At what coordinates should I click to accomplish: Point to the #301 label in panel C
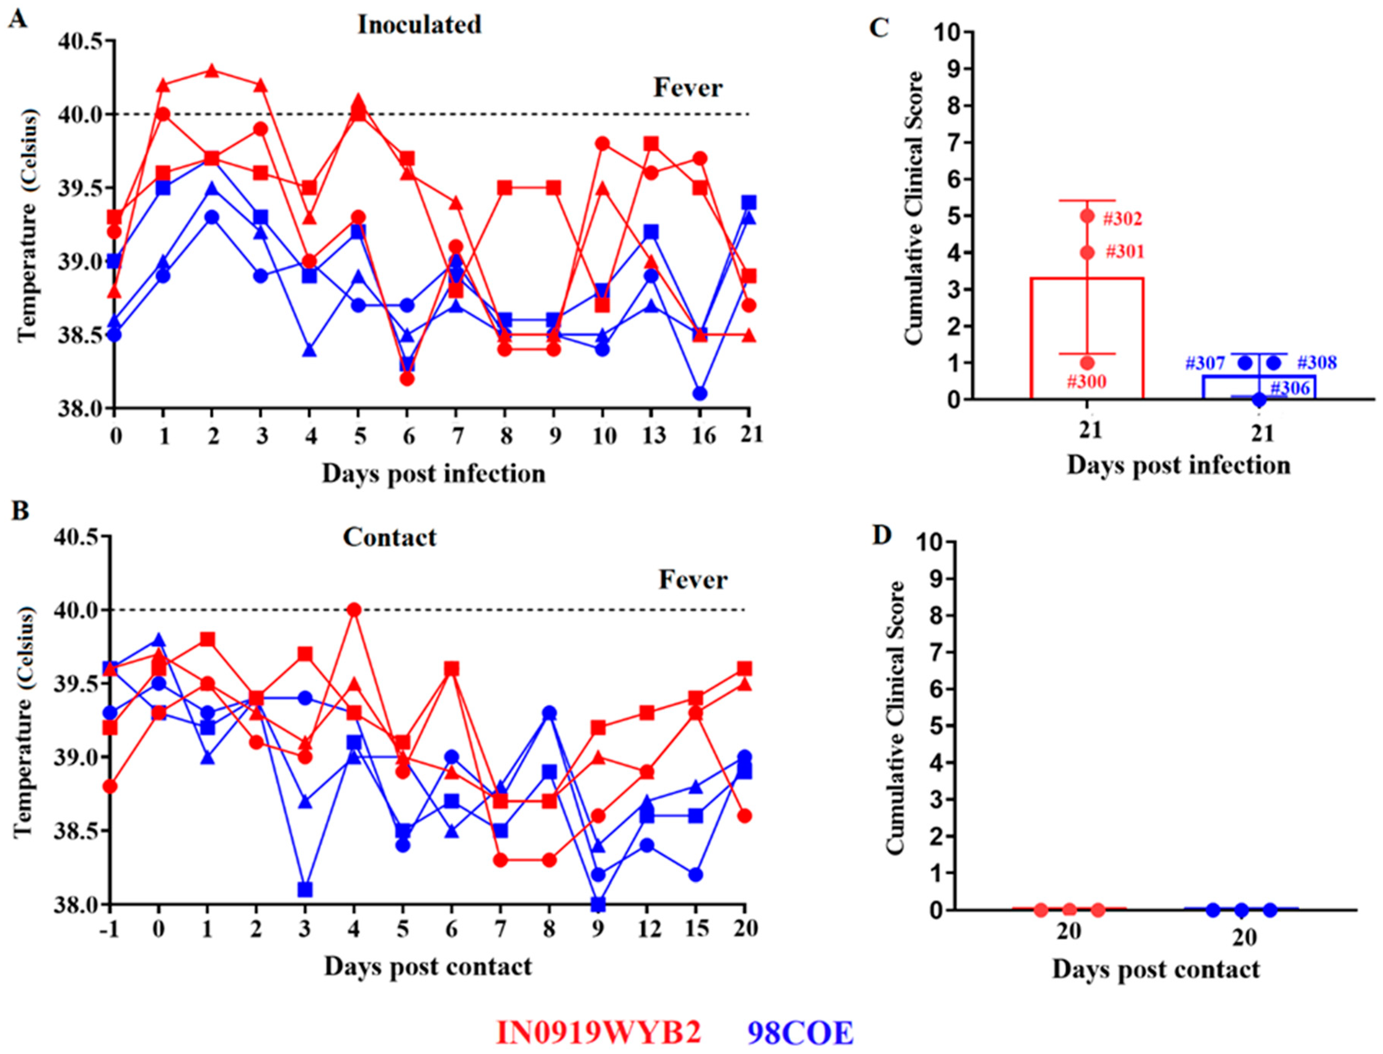click(x=1125, y=252)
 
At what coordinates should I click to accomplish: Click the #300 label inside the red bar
click(x=1086, y=381)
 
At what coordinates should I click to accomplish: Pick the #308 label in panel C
click(x=1317, y=363)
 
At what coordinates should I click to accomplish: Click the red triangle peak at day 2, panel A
click(x=212, y=70)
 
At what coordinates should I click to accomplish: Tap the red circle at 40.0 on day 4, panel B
click(x=354, y=609)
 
